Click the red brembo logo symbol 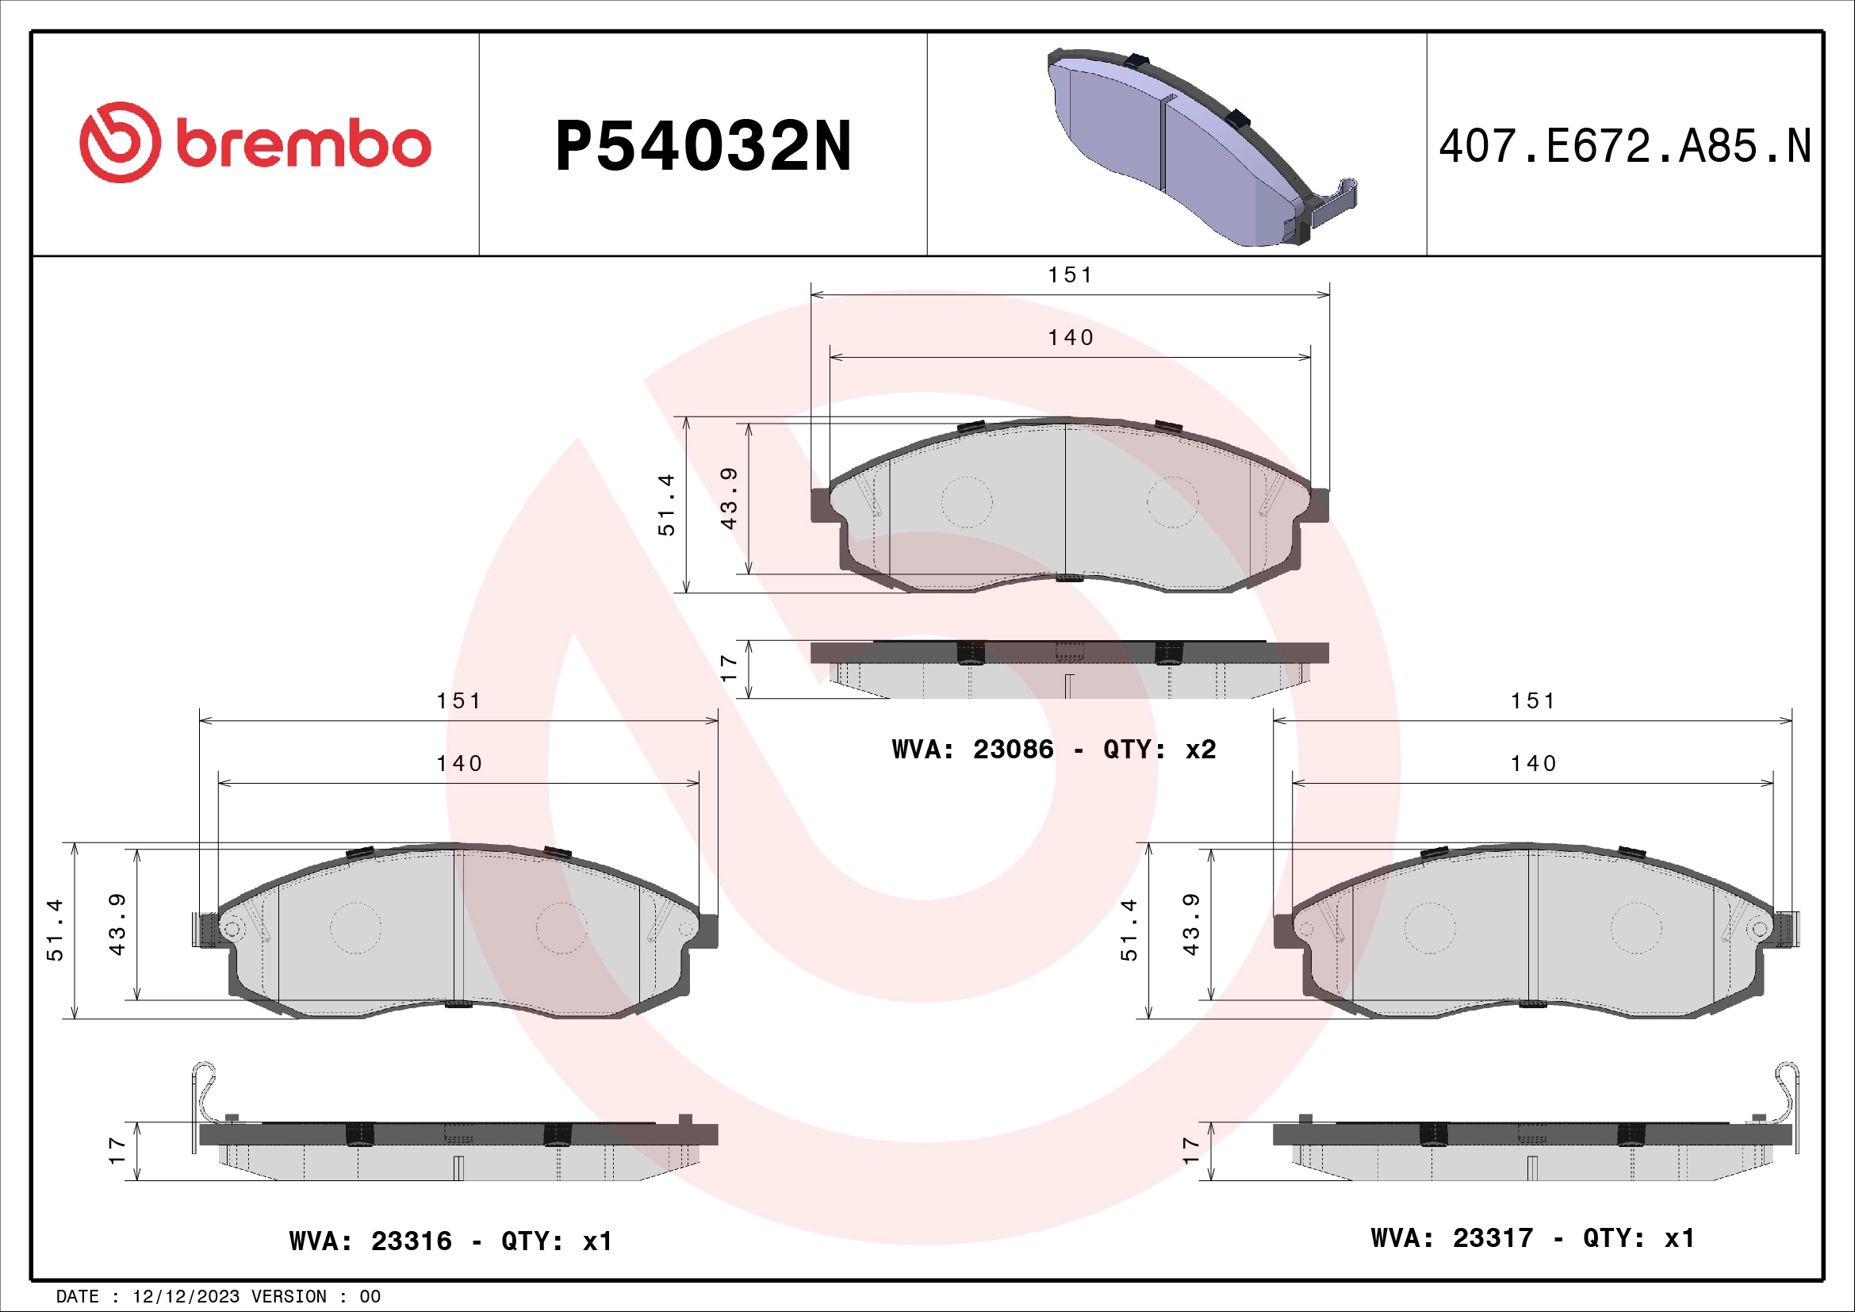120,142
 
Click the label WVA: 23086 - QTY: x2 1053,750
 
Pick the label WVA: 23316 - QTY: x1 450,1241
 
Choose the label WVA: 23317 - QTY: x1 1533,1237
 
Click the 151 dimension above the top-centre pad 1071,275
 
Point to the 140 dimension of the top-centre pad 1071,338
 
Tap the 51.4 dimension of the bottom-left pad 55,929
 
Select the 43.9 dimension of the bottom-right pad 1191,924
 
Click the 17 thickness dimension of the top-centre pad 729,668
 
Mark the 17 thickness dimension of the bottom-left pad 117,1150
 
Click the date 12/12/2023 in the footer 186,1297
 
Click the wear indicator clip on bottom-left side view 205,1095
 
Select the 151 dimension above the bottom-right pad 1533,701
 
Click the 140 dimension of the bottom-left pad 459,763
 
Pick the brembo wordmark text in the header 303,145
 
